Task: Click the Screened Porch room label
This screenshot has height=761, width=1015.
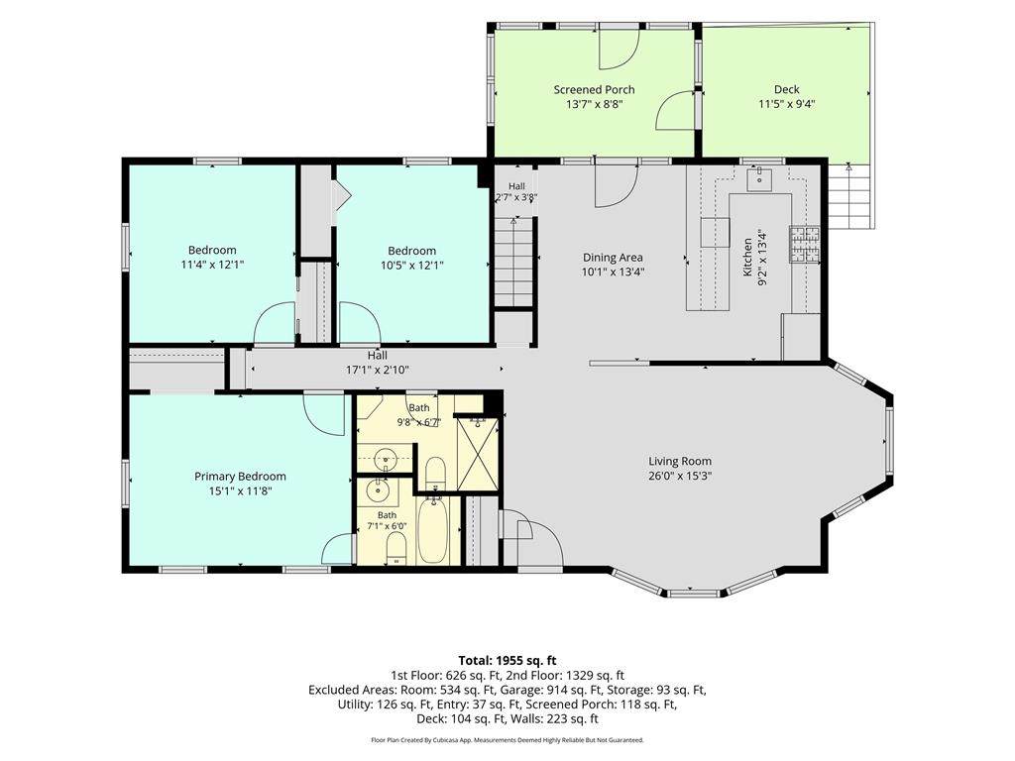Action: click(x=594, y=90)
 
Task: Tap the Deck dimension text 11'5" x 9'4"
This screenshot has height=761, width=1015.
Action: click(x=786, y=103)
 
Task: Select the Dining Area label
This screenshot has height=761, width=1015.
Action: click(x=613, y=258)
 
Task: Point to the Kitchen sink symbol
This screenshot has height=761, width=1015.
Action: click(x=760, y=179)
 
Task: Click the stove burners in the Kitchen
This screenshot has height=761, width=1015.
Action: click(x=804, y=245)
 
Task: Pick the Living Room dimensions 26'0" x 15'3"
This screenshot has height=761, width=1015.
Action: click(x=680, y=476)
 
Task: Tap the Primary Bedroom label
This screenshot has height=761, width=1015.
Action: click(x=240, y=477)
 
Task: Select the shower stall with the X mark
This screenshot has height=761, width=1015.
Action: click(x=478, y=453)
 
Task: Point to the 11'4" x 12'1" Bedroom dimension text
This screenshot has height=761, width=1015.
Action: click(x=212, y=265)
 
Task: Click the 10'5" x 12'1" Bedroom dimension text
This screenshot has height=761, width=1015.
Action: click(x=411, y=265)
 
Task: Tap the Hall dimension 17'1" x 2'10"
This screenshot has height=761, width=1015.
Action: click(x=378, y=371)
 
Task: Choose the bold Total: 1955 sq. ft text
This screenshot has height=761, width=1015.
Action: click(x=507, y=661)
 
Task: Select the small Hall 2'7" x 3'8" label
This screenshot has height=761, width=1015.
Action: click(x=516, y=192)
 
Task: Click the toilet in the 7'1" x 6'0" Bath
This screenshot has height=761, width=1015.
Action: click(x=395, y=550)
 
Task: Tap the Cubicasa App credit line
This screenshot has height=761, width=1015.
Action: click(x=507, y=739)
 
